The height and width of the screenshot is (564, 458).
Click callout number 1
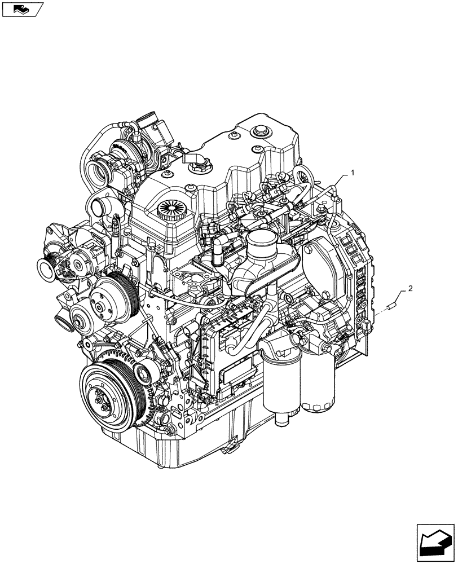pos(353,173)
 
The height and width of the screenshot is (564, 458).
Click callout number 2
pos(409,289)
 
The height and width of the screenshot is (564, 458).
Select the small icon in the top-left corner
pos(22,8)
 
